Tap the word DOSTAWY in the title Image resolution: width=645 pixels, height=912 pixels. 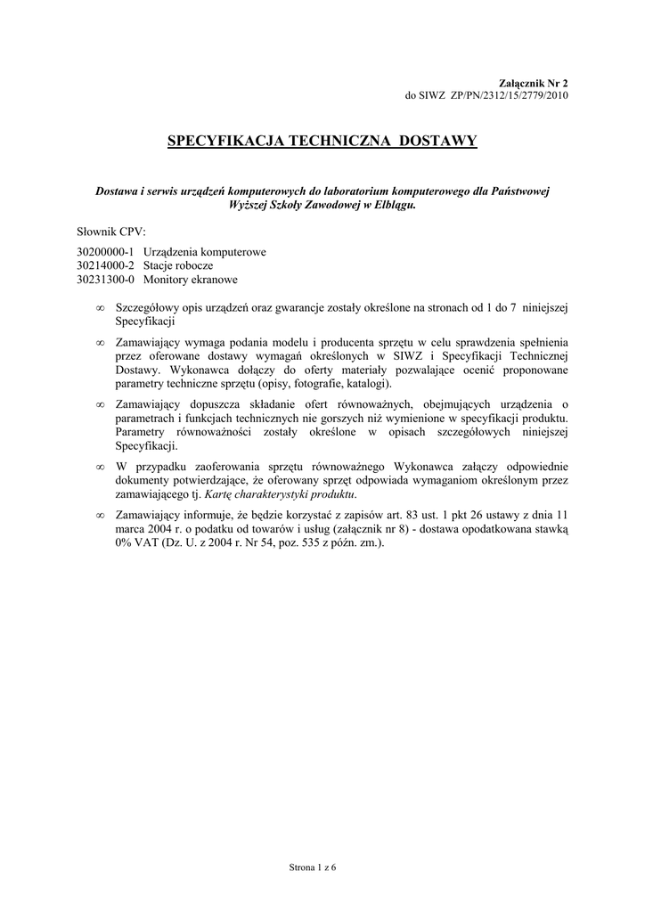438,141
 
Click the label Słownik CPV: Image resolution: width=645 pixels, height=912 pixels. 105,231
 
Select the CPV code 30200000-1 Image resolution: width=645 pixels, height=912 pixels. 105,252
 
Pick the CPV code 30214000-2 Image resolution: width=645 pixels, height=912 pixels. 105,265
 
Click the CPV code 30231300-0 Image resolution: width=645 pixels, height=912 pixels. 105,279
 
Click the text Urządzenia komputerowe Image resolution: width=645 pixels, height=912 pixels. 204,252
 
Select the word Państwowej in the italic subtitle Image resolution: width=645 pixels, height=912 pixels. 519,190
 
